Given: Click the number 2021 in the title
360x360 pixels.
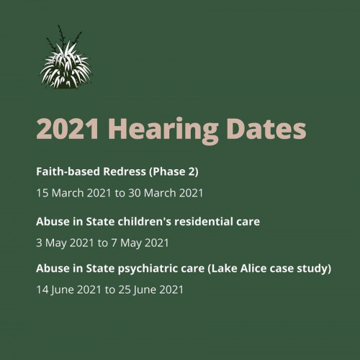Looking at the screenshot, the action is click(x=67, y=129).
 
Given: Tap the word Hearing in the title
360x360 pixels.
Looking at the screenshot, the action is click(x=163, y=131).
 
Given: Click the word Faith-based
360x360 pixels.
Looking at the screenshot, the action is click(x=68, y=171).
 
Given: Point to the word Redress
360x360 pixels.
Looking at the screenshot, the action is click(x=125, y=171).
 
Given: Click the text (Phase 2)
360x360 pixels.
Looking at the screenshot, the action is click(x=174, y=172).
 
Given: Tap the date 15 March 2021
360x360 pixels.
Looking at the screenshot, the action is click(x=73, y=193).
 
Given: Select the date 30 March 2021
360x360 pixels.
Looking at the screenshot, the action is click(x=166, y=193).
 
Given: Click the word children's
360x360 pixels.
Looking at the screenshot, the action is click(x=144, y=221).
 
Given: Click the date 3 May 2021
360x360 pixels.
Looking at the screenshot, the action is click(x=65, y=243).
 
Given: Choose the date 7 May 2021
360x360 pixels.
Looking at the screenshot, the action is click(x=140, y=243).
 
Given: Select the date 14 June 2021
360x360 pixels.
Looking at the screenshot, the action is click(x=68, y=289).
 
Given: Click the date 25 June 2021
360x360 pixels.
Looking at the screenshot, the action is click(x=151, y=289).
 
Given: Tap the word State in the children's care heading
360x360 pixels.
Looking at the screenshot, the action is click(x=100, y=221).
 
